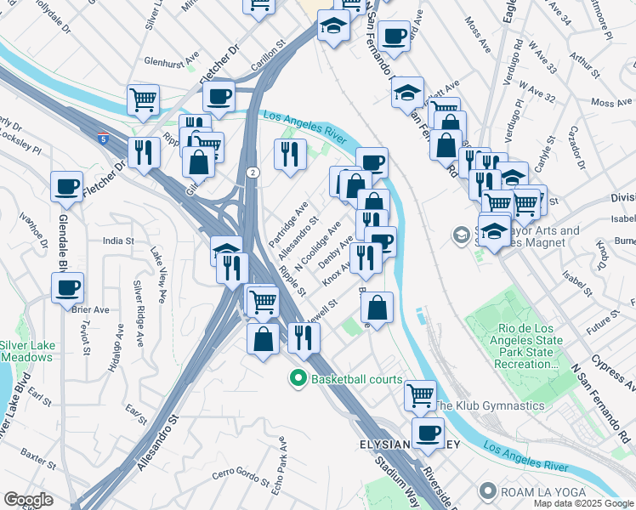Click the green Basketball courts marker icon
pos(298,378)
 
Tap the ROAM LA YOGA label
pos(536,490)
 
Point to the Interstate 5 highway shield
pos(101,135)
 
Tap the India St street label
pos(118,241)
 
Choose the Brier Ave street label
pos(91,309)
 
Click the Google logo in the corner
pos(28,500)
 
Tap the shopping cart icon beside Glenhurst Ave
pos(144,99)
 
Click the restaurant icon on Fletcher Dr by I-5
pos(144,152)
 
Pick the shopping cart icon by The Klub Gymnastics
pos(420,394)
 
